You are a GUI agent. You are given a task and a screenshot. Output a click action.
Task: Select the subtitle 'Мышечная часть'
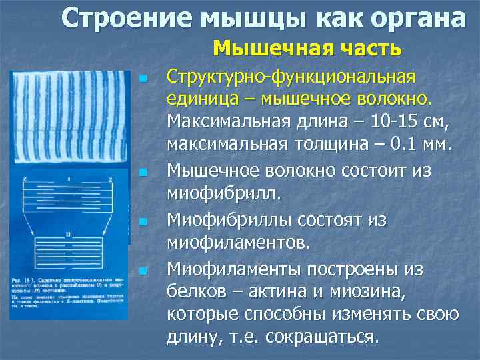[307, 48]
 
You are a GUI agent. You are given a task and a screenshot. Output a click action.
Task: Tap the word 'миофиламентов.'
[238, 243]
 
